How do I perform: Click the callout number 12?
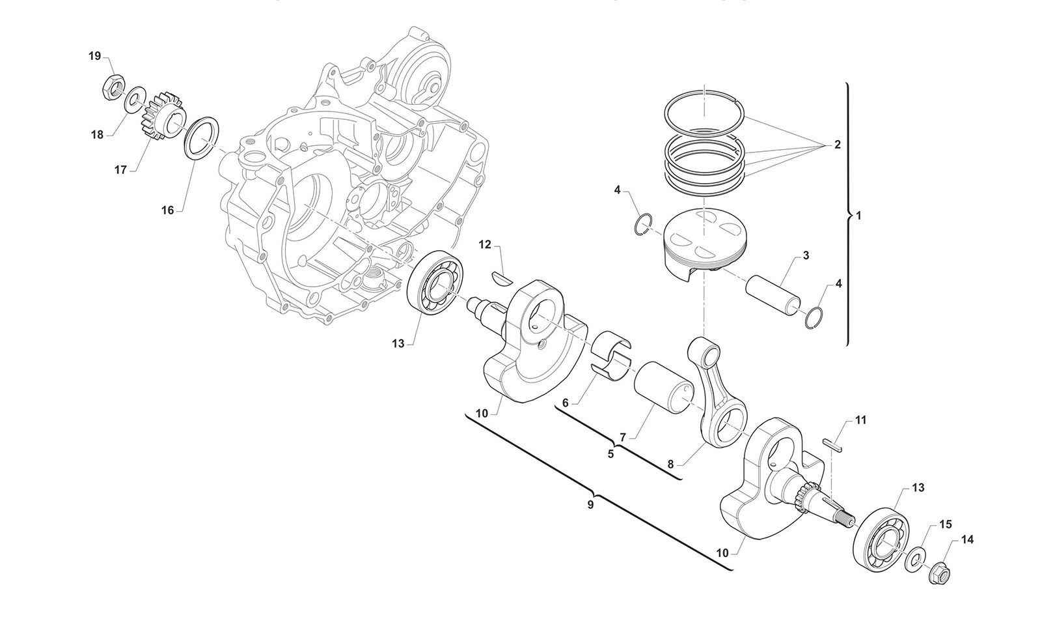click(485, 244)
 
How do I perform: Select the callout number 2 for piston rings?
click(837, 145)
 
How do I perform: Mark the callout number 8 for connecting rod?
click(670, 464)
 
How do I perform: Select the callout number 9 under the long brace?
click(590, 505)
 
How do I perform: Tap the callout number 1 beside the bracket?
click(858, 216)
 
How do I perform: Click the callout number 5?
click(611, 454)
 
